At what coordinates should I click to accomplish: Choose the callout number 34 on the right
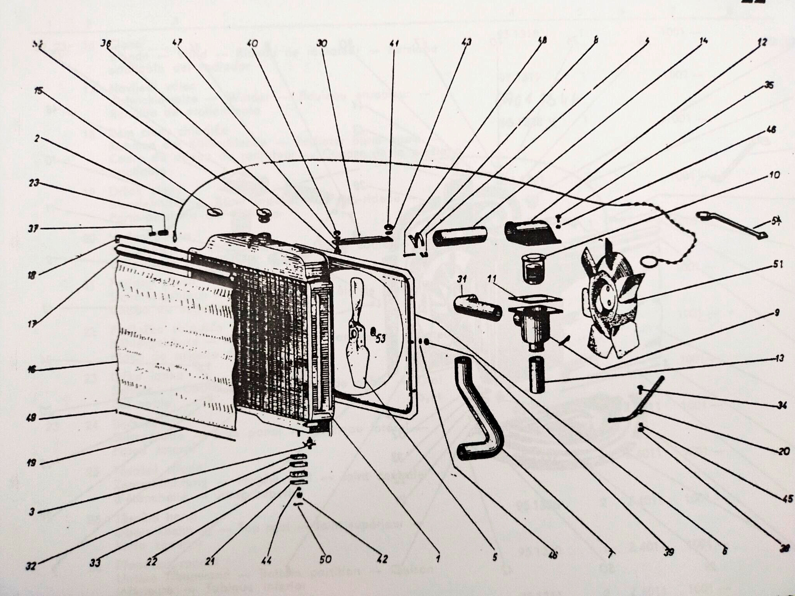click(782, 406)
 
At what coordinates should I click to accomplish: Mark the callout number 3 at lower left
click(32, 512)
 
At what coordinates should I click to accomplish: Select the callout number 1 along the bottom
click(438, 559)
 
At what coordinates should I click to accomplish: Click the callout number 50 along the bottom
click(325, 559)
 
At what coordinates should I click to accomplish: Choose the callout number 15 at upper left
click(38, 92)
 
